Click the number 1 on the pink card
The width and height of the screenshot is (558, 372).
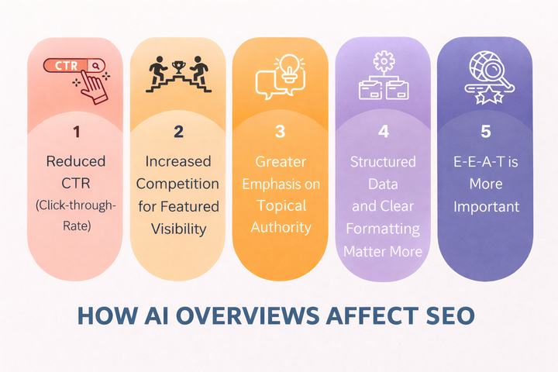click(76, 132)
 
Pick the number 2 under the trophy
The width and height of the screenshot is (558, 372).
click(178, 132)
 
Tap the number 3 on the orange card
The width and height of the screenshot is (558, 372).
click(281, 132)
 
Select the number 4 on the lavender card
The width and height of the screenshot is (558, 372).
click(383, 132)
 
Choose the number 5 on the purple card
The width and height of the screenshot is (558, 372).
click(485, 132)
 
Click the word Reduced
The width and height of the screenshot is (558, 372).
click(76, 161)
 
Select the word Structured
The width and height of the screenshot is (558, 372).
click(383, 162)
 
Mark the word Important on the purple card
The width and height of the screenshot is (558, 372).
click(485, 206)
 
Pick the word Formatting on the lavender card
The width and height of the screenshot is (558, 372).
click(383, 229)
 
